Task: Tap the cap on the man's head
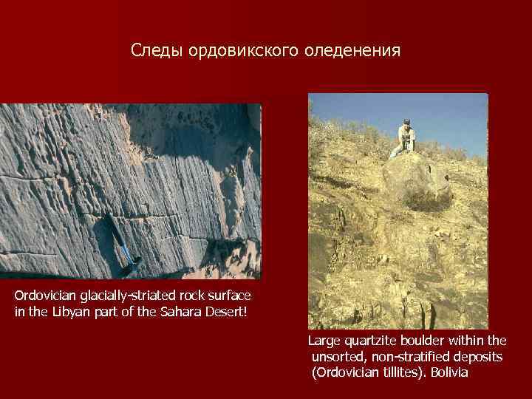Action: coord(405,121)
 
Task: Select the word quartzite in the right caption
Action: coord(372,341)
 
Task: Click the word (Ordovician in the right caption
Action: coord(346,372)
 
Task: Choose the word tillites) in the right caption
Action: coord(403,372)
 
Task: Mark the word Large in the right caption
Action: coord(324,341)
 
